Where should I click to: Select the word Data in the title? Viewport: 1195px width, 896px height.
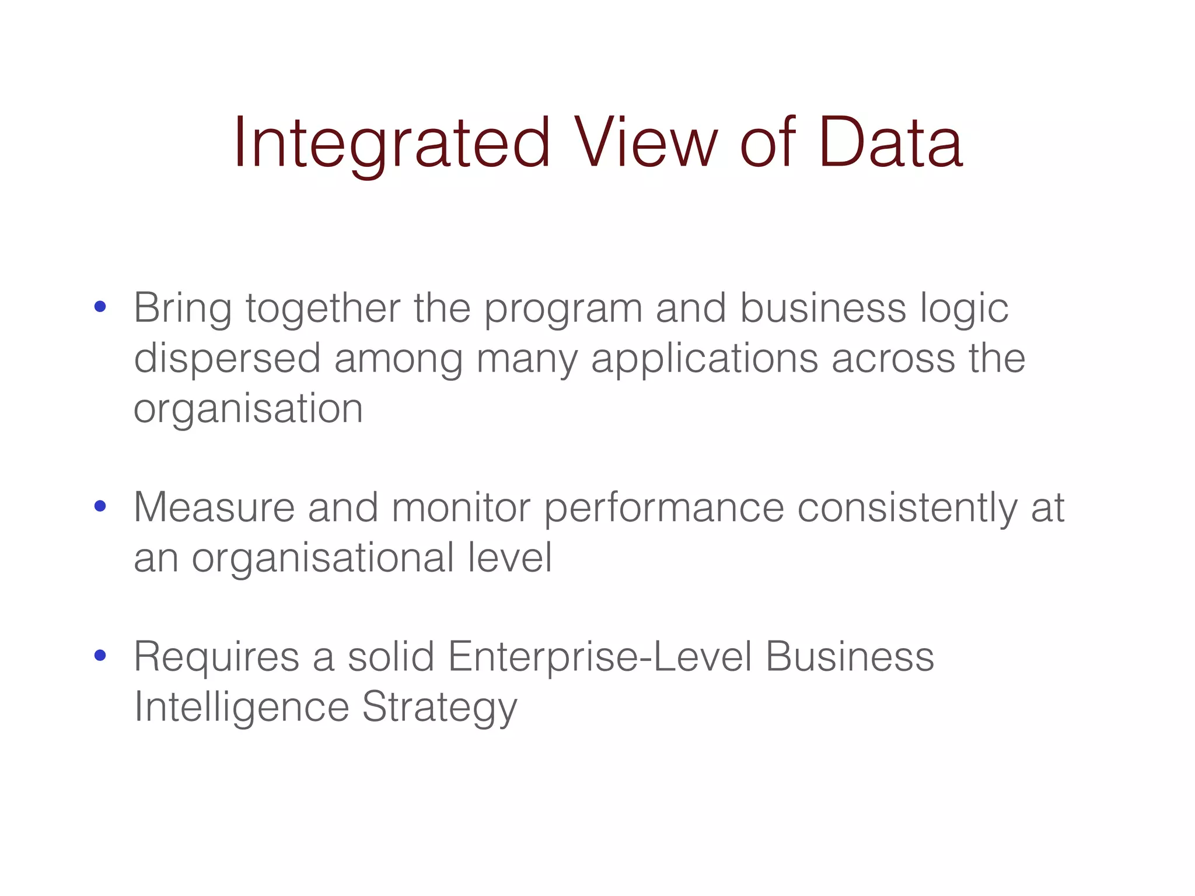[x=890, y=142]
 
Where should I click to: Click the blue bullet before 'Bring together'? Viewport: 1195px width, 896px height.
[x=100, y=307]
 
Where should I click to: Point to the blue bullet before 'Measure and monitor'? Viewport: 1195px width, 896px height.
[x=100, y=506]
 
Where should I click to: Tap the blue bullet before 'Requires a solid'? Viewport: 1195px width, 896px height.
[x=100, y=656]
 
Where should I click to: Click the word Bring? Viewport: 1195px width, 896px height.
[x=183, y=309]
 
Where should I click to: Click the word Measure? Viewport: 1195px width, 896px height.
[x=214, y=508]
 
